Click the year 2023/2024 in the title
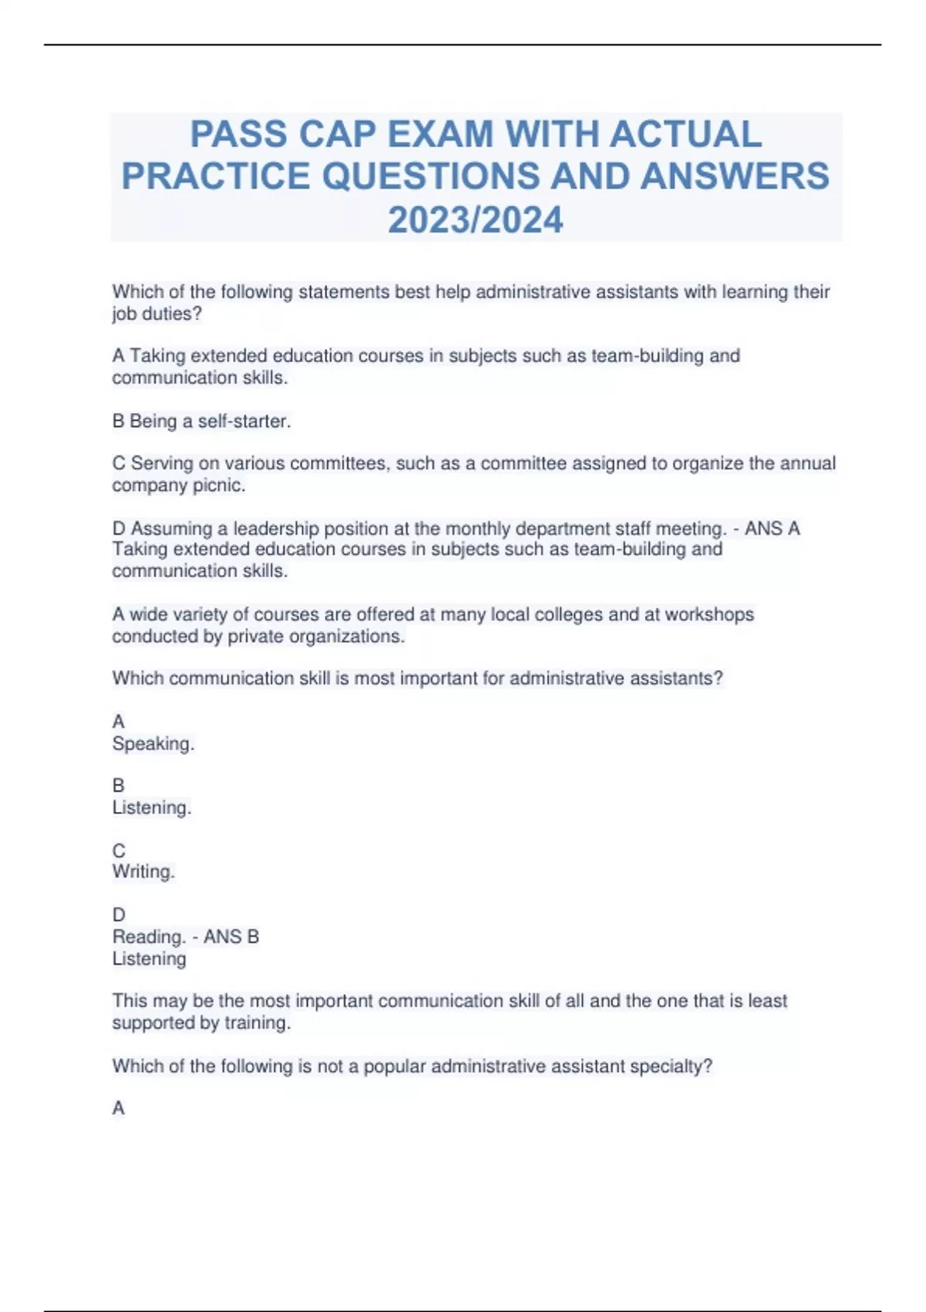(475, 220)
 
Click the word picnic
(222, 485)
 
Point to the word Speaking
(153, 744)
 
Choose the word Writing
(143, 871)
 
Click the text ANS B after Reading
(231, 937)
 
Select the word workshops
(709, 614)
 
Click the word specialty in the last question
(670, 1067)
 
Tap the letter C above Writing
(119, 850)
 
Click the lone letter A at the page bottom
(119, 1108)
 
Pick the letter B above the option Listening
(119, 786)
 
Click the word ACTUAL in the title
(685, 134)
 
